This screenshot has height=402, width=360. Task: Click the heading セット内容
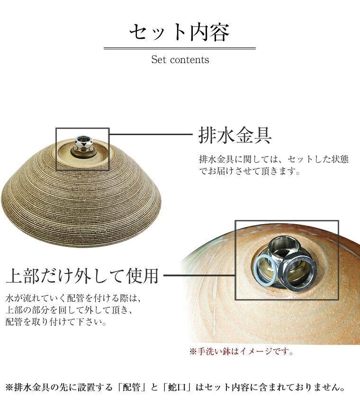click(x=180, y=32)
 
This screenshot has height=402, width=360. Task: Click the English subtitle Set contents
click(x=180, y=60)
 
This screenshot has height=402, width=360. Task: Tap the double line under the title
click(x=180, y=48)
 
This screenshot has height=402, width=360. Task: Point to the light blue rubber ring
click(x=266, y=271)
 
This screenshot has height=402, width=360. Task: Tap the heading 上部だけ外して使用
click(x=82, y=276)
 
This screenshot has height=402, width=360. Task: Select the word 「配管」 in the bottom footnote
click(x=131, y=387)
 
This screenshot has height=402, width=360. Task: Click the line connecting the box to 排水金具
click(x=151, y=134)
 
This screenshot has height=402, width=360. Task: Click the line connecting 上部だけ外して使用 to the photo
click(x=199, y=275)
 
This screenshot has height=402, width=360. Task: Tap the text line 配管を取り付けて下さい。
click(x=56, y=321)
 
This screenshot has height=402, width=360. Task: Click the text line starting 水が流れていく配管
click(x=73, y=298)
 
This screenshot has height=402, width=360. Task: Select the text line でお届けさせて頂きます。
click(x=250, y=171)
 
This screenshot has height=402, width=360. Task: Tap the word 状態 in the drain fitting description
click(x=340, y=159)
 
